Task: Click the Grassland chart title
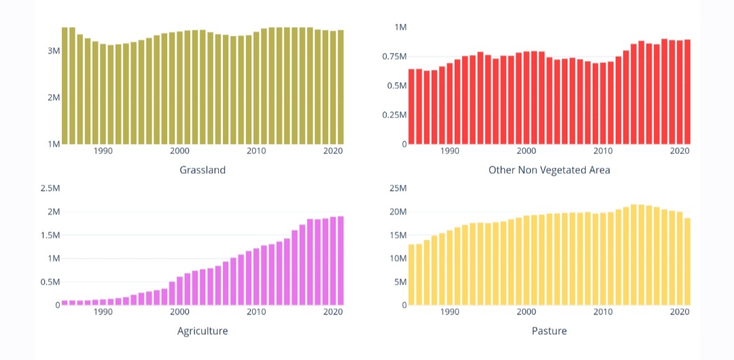pyautogui.click(x=203, y=170)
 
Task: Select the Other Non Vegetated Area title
pyautogui.click(x=549, y=170)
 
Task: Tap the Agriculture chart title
pyautogui.click(x=203, y=331)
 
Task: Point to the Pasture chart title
pyautogui.click(x=549, y=331)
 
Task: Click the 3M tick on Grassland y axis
pyautogui.click(x=53, y=51)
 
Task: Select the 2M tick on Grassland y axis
pyautogui.click(x=53, y=97)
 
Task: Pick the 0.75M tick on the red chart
pyautogui.click(x=394, y=56)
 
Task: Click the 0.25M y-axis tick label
pyautogui.click(x=394, y=115)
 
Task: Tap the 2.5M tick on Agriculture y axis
pyautogui.click(x=50, y=188)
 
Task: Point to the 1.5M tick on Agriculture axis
pyautogui.click(x=50, y=235)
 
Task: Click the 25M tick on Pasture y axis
pyautogui.click(x=398, y=188)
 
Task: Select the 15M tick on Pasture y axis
pyautogui.click(x=398, y=235)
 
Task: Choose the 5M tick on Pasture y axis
pyautogui.click(x=400, y=282)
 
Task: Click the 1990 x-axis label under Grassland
pyautogui.click(x=103, y=151)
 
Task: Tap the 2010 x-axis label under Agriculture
pyautogui.click(x=256, y=312)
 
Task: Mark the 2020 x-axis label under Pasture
pyautogui.click(x=680, y=312)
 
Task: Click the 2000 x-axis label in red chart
pyautogui.click(x=527, y=151)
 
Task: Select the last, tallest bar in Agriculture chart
pyautogui.click(x=340, y=261)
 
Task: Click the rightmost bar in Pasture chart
pyautogui.click(x=687, y=262)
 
